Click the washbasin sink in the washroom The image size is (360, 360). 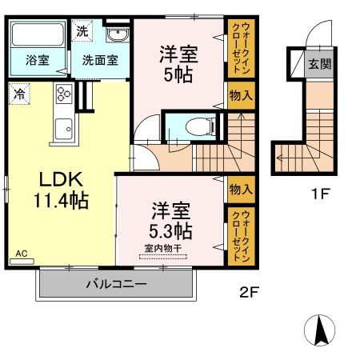click(117, 35)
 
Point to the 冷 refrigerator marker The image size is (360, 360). click(18, 94)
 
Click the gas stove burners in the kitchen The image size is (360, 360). click(62, 95)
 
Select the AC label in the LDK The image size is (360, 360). click(21, 254)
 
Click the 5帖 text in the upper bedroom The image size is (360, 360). click(179, 74)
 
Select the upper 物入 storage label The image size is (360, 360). click(241, 95)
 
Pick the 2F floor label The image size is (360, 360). click(250, 292)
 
